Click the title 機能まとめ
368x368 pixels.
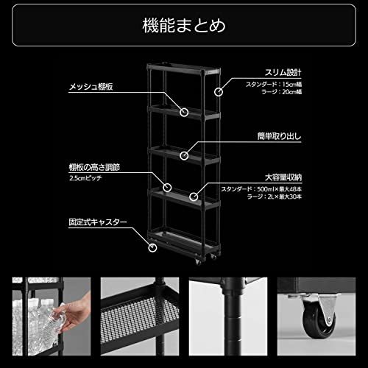184,27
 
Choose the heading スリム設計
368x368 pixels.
283,73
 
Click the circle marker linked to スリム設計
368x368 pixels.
219,92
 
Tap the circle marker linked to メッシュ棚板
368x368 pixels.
185,113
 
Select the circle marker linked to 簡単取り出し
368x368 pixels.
185,155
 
